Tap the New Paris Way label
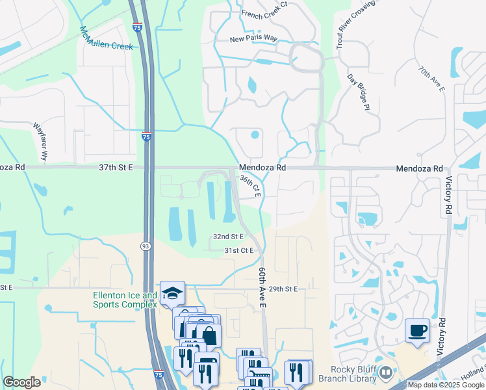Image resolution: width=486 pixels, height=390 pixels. (253, 40)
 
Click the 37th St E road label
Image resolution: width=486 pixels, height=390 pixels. (116, 167)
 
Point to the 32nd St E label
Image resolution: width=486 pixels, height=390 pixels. (228, 237)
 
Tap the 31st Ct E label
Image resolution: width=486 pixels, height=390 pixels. (238, 250)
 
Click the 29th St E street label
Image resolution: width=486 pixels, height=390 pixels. (283, 289)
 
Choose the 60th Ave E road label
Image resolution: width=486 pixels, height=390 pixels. (263, 286)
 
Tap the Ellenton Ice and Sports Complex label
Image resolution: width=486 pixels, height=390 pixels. (125, 300)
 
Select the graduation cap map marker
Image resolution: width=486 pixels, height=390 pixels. (172, 293)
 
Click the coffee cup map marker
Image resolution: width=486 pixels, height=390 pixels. (417, 330)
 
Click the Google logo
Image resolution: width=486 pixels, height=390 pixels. (22, 382)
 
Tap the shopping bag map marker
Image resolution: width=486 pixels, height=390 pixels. (209, 336)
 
